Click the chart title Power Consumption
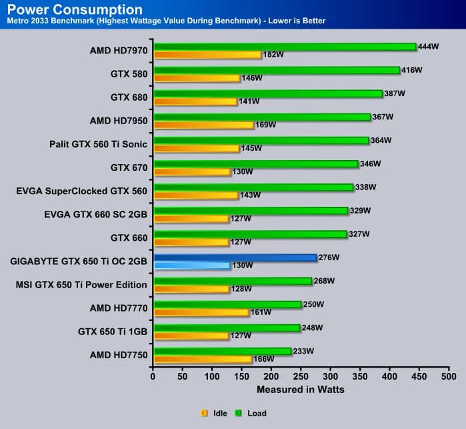[x=75, y=9]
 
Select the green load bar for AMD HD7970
[x=285, y=47]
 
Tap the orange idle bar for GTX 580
[x=196, y=78]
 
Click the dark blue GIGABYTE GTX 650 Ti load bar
[x=235, y=257]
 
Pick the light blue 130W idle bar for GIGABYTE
[x=191, y=266]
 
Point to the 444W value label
[x=429, y=46]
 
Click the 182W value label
[x=273, y=55]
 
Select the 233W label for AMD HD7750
[x=304, y=351]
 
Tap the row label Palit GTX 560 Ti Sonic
[x=98, y=143]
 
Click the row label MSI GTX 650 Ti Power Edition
[x=81, y=285]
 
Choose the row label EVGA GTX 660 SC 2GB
[x=82, y=214]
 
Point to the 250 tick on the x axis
[x=301, y=376]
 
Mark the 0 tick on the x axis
[x=153, y=376]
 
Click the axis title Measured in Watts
[x=300, y=390]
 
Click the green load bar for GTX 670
[x=259, y=163]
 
